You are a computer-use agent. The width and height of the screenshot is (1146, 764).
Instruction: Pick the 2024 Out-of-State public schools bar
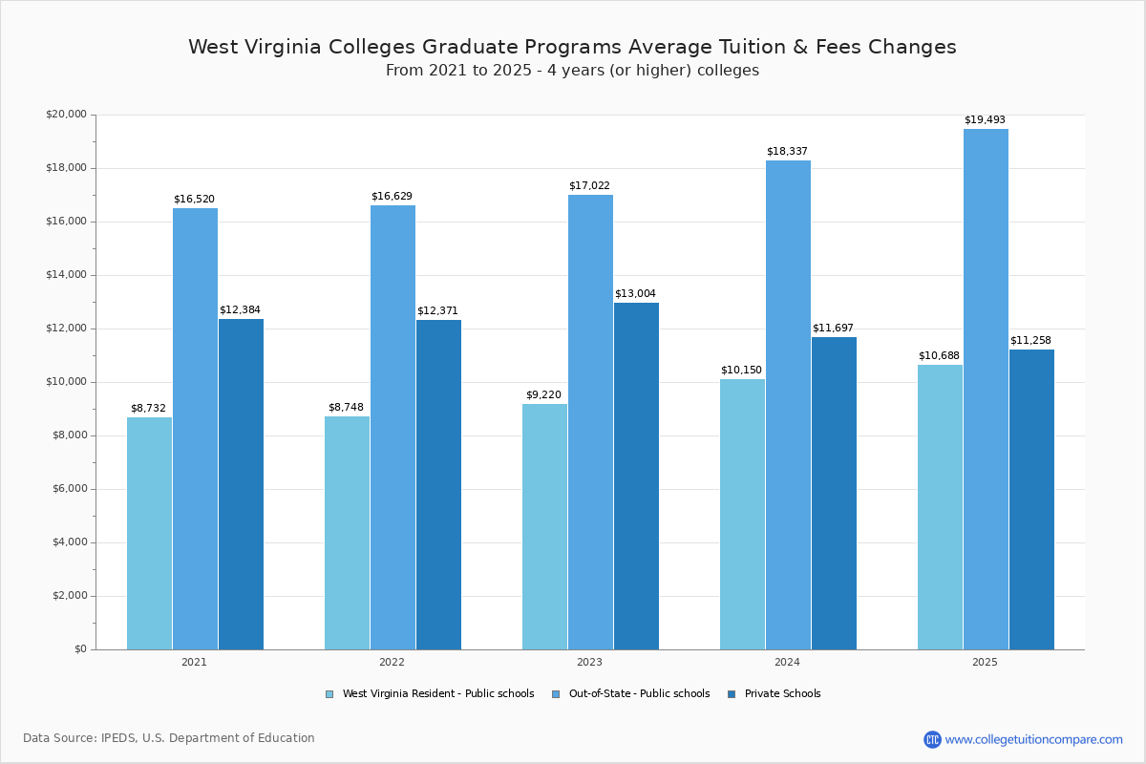coord(788,405)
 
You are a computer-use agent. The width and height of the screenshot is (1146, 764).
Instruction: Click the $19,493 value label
coord(985,120)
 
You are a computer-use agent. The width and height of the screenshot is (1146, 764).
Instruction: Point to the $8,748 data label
coord(346,408)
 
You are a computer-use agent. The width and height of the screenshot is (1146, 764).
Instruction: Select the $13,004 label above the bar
coord(635,294)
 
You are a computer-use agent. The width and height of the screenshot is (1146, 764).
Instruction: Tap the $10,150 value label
coord(741,371)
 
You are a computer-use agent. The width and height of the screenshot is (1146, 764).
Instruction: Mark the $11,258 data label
coord(1030,341)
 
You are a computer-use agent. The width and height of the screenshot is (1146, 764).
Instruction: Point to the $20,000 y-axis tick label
coord(66,115)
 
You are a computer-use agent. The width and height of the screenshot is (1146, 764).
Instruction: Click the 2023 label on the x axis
coord(589,662)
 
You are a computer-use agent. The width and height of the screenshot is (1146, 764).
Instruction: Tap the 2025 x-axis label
coord(985,662)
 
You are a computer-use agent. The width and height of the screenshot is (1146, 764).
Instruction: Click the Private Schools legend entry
coord(782,694)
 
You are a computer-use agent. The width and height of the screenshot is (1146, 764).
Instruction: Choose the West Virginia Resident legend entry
coord(437,694)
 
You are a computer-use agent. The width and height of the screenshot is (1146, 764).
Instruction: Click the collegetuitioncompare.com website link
coord(1033,739)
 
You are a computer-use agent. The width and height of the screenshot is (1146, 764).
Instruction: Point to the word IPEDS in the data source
coord(120,738)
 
